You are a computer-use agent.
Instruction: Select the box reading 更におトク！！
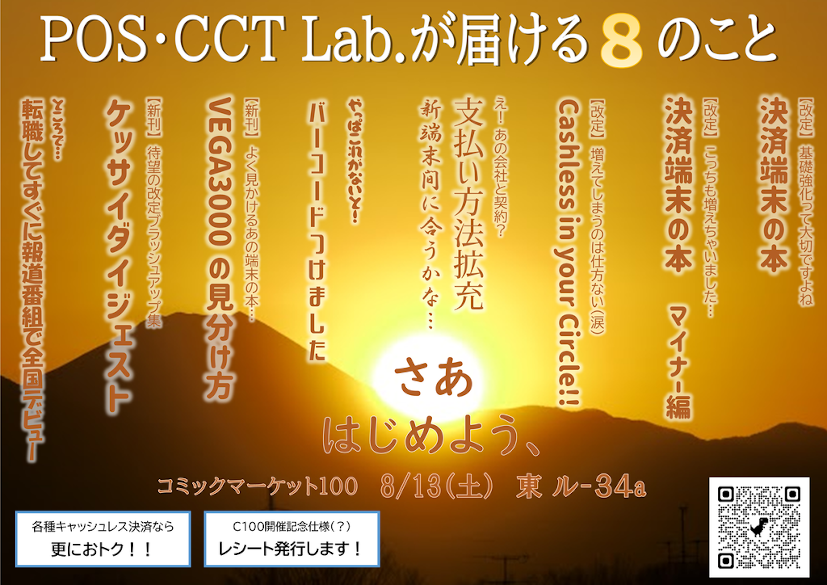[103, 538]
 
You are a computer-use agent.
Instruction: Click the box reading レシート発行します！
[292, 538]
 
